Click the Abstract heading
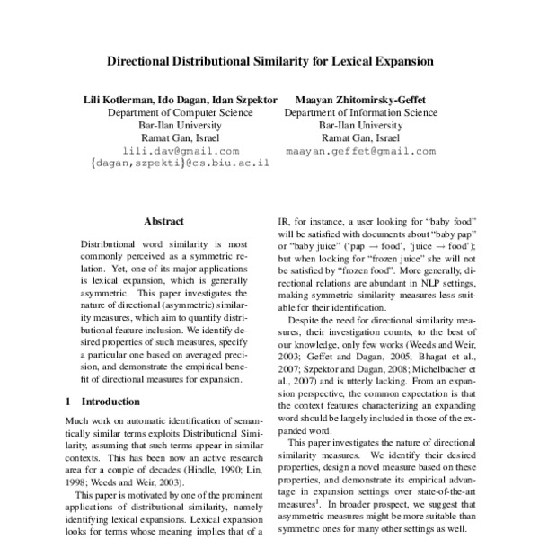click(163, 221)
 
